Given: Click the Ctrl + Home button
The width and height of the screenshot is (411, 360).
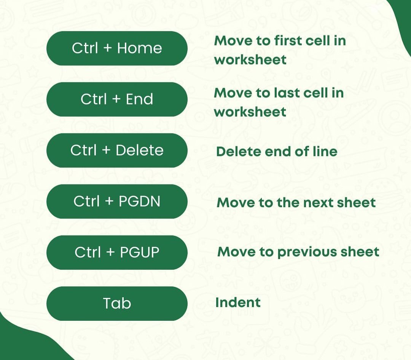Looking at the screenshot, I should point(117,48).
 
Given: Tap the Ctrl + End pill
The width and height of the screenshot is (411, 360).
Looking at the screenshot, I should point(117,99).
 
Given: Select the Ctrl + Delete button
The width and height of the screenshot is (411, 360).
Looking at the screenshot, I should point(117,150).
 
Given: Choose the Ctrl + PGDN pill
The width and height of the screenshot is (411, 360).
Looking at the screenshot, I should point(117,202).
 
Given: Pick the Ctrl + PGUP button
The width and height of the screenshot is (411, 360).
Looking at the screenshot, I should point(117,253).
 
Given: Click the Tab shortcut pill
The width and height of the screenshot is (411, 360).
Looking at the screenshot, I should point(117,304).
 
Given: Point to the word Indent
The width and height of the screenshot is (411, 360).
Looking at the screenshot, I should point(238,302).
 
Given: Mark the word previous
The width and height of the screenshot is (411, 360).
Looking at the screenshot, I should point(301,252).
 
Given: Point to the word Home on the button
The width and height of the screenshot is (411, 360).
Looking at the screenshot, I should point(139,48).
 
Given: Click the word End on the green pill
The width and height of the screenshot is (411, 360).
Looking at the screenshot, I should point(139,99).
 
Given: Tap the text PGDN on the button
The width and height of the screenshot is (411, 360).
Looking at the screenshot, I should point(139,202).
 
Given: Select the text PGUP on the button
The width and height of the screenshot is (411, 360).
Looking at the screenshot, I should point(140,253).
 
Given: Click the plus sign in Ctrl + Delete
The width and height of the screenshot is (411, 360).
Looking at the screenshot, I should point(106,151).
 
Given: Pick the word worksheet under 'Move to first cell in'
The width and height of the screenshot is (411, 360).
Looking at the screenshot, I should point(250,60).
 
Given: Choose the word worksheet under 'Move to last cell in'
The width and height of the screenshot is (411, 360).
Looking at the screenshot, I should point(250,112).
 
